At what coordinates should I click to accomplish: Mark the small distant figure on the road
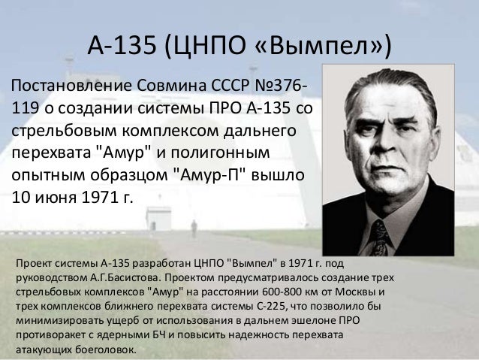tap(194, 228)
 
